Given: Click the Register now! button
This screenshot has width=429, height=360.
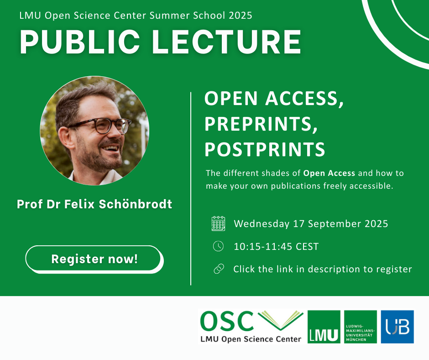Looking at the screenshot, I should [x=94, y=259].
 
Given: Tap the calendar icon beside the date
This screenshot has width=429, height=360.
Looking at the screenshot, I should [x=218, y=223].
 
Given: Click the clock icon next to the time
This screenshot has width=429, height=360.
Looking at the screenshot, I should [x=218, y=247].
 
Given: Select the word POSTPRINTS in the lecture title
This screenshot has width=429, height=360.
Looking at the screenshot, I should [x=265, y=149].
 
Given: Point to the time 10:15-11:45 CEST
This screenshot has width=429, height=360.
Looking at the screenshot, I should [x=276, y=247].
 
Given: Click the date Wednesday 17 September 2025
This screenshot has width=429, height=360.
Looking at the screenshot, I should [x=311, y=224].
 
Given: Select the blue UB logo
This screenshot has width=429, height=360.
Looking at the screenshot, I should [x=397, y=327].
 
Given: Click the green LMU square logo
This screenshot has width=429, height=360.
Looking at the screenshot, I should [x=324, y=327].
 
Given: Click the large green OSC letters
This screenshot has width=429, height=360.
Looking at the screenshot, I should [x=227, y=322].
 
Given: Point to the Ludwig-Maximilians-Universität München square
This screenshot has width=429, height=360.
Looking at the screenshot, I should [x=361, y=327].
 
